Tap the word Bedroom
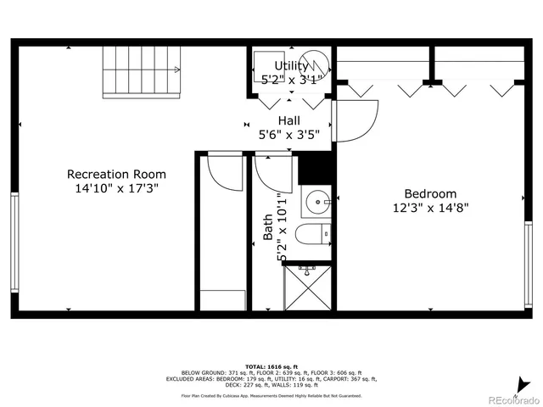coord(429,193)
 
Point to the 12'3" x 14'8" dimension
coord(430,207)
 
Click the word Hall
coord(288,120)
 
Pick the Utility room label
coord(291,66)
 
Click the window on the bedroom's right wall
coord(530,254)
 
